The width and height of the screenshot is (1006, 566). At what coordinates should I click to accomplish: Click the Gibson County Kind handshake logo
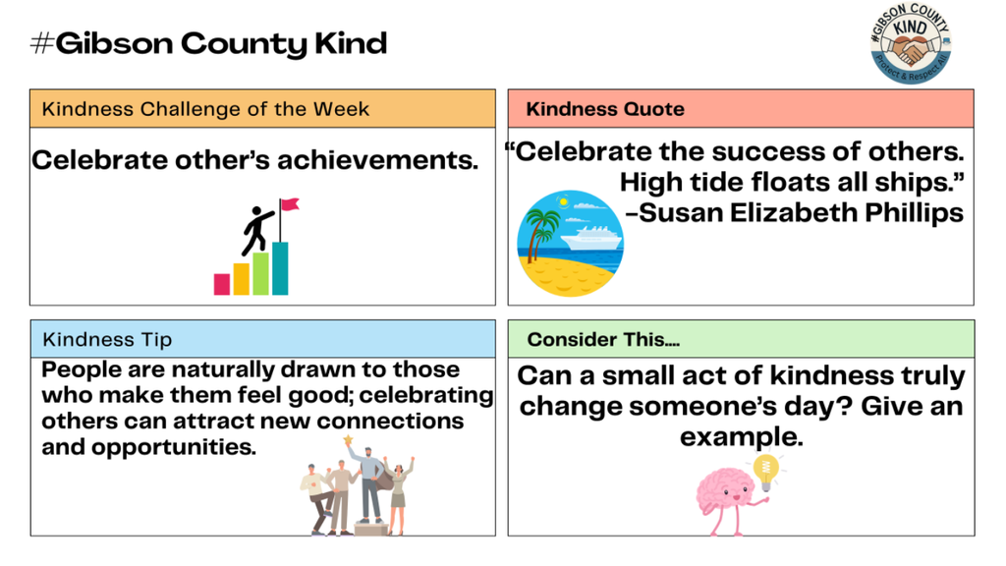[x=911, y=45]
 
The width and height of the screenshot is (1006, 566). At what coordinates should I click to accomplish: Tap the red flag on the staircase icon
[x=289, y=206]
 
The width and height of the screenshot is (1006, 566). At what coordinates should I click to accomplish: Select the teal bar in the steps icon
[x=280, y=268]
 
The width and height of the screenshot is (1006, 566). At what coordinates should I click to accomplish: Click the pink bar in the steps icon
[x=222, y=284]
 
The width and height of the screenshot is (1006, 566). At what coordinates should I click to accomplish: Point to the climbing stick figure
[x=257, y=229]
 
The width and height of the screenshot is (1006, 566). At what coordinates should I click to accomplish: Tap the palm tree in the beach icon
[x=539, y=230]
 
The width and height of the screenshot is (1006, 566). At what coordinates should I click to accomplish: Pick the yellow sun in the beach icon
[x=562, y=201]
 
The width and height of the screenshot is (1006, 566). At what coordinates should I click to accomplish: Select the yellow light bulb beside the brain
[x=765, y=469]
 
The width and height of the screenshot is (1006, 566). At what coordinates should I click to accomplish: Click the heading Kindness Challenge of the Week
[x=205, y=109]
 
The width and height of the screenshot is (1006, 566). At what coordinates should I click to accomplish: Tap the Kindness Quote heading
[x=605, y=109]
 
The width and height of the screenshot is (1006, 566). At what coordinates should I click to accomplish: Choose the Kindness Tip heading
[x=107, y=340]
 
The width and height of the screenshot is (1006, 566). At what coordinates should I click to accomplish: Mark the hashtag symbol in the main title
[x=41, y=44]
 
